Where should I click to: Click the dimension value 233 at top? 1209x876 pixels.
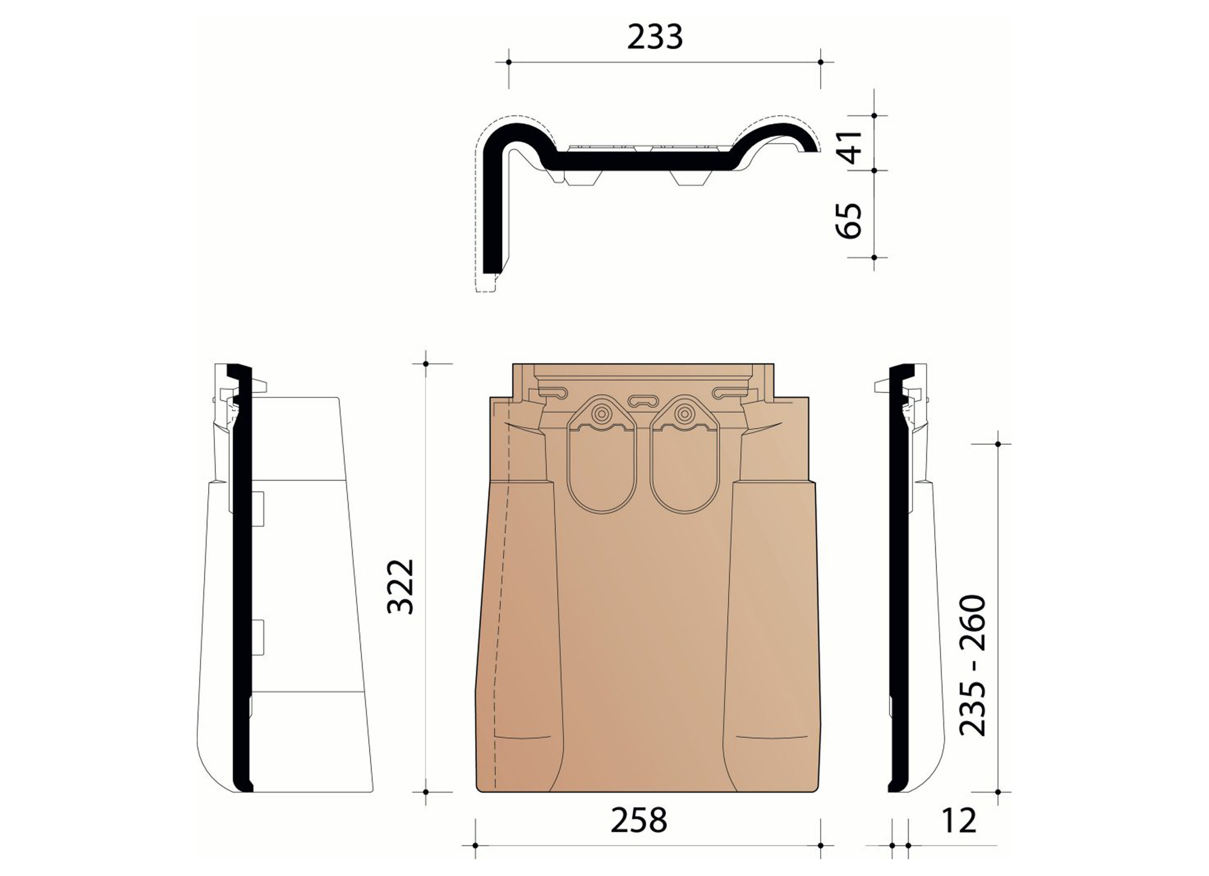[654, 38]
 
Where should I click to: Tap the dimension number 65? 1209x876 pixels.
[851, 220]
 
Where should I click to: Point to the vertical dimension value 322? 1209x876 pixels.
[400, 586]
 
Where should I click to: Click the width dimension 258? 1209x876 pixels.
[638, 820]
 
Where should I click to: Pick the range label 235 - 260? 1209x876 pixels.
[972, 664]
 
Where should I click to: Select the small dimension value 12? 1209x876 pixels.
[958, 820]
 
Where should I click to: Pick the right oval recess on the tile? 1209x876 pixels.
[685, 472]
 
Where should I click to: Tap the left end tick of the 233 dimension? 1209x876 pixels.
[508, 62]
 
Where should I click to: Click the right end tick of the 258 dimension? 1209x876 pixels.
[820, 845]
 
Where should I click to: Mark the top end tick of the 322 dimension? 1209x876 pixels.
[426, 364]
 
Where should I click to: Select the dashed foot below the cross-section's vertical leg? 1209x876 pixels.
[486, 284]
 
